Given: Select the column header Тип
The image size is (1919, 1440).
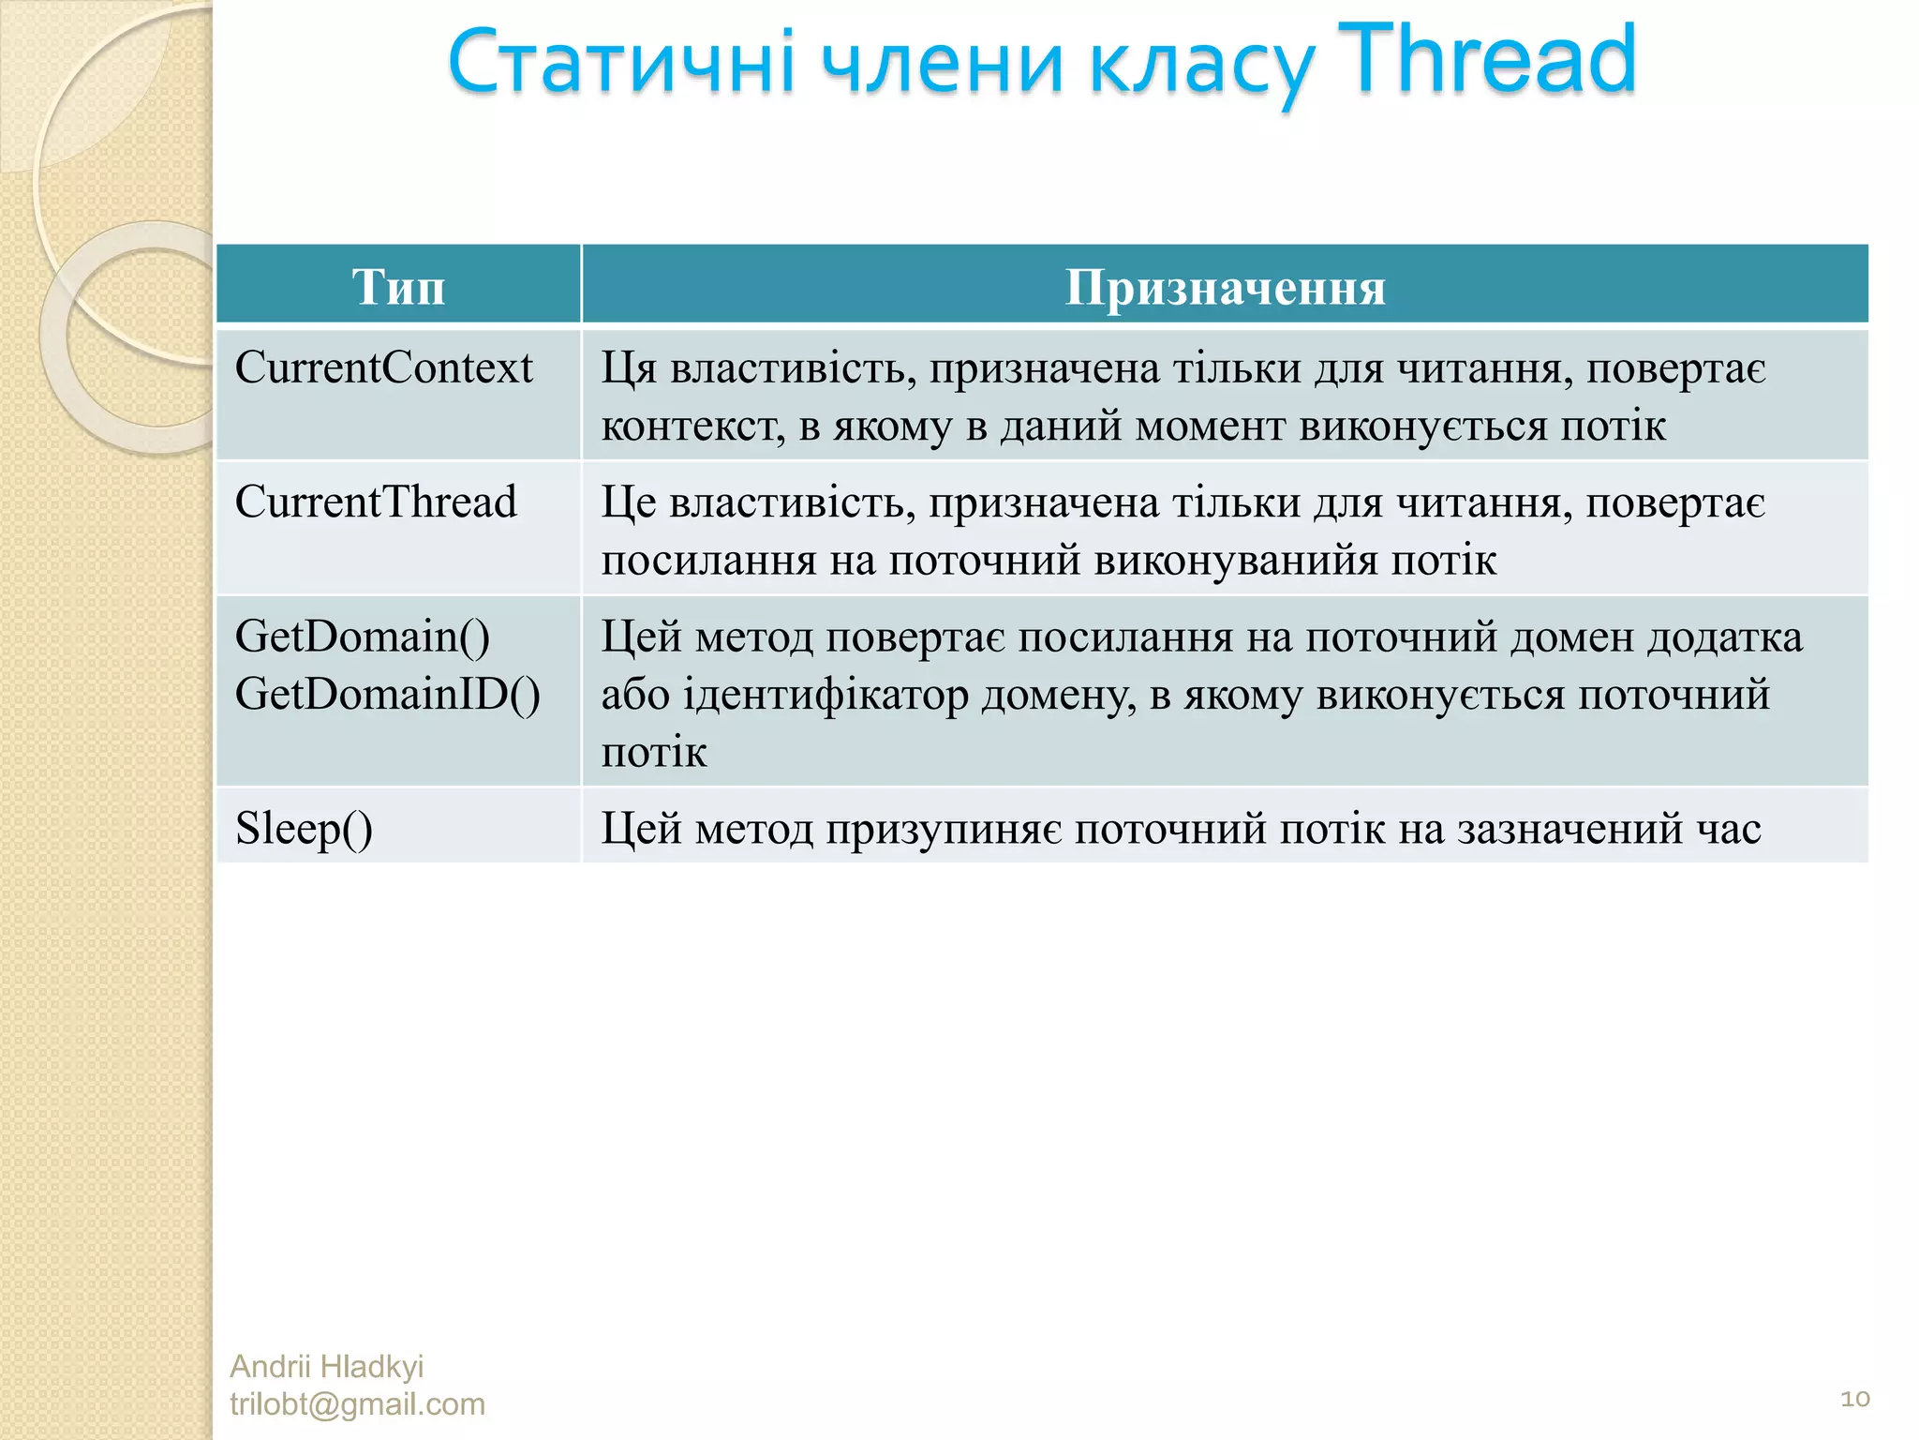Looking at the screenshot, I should point(398,286).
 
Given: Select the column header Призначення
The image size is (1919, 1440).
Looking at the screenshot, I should point(1225,286).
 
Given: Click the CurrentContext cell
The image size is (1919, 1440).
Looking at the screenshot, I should point(383,367).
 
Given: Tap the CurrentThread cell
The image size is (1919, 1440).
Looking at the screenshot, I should point(376,502).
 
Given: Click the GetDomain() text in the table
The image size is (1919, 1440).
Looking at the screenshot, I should point(362,637).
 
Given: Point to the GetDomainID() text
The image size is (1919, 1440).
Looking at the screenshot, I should point(387,695).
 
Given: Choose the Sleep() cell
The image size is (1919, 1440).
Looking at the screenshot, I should point(304,829).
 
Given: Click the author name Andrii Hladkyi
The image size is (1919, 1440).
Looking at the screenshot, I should point(326,1366).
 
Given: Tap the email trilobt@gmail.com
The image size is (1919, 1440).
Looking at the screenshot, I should point(357,1403).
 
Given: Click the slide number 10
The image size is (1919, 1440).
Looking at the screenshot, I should point(1854,1399).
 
